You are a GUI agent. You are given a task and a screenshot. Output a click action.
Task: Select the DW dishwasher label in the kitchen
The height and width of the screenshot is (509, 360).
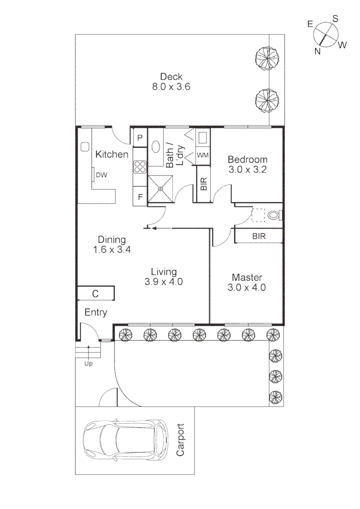(x=101, y=175)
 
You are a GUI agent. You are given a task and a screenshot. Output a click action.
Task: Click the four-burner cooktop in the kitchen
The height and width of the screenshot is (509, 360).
(x=140, y=167)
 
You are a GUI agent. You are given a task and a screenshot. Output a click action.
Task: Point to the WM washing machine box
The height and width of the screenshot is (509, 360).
(x=203, y=155)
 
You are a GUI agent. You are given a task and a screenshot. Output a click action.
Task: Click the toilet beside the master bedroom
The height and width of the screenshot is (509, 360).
(x=274, y=215)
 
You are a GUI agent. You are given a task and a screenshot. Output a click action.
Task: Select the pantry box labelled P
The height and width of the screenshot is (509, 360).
(x=140, y=138)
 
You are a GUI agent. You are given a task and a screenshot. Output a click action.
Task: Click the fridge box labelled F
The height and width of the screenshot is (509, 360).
(x=140, y=197)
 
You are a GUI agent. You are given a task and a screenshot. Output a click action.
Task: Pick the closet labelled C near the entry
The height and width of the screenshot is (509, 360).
(x=96, y=294)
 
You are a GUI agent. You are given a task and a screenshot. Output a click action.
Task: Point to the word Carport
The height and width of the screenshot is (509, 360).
(x=180, y=440)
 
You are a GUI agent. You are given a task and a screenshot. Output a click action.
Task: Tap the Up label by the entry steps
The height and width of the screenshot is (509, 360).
(x=89, y=364)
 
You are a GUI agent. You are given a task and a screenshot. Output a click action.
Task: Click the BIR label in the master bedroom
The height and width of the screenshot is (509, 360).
(x=258, y=236)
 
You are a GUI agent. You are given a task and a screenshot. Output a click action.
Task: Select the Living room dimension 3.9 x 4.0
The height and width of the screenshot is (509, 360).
(x=164, y=282)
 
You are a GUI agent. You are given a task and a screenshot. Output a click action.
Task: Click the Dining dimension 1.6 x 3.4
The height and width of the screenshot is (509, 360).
(x=112, y=250)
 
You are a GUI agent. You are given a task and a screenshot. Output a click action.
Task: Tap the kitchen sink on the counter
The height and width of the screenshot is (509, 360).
(x=85, y=147)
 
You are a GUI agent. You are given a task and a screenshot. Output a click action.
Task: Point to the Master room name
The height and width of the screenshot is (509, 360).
(x=247, y=277)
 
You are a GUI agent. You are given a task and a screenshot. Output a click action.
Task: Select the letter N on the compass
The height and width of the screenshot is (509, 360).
(x=318, y=51)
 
